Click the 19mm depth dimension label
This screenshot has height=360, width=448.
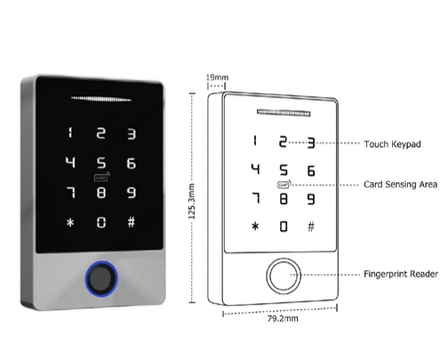click(217, 77)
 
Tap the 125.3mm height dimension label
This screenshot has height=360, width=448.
click(192, 201)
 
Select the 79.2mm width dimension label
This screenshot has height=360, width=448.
click(283, 319)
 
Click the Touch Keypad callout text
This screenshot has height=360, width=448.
click(392, 144)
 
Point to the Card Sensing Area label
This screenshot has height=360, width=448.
click(401, 184)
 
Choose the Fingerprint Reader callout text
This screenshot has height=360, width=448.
click(401, 274)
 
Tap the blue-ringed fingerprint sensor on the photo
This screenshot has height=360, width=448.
click(101, 278)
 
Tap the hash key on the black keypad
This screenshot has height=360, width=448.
click(132, 221)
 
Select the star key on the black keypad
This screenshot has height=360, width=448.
click(70, 222)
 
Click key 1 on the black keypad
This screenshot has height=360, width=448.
click(70, 132)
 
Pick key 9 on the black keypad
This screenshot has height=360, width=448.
click(132, 193)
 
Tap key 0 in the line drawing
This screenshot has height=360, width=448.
click(284, 227)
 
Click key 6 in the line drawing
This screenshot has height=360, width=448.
click(311, 171)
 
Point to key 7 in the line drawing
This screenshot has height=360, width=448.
click(256, 198)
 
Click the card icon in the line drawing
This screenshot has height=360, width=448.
click(284, 184)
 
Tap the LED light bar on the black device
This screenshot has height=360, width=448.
click(101, 99)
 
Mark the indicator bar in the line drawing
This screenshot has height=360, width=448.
click(284, 113)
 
